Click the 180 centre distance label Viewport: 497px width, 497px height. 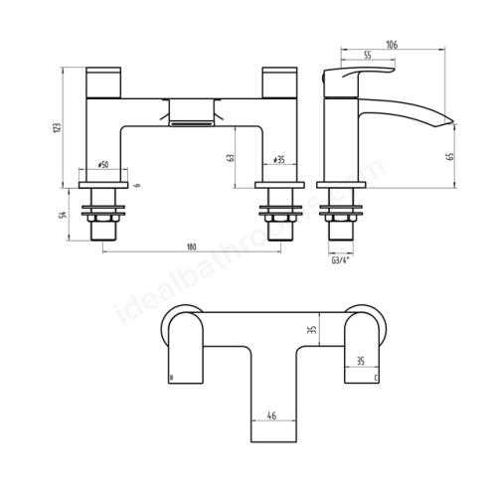188,247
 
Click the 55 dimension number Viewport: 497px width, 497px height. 369,58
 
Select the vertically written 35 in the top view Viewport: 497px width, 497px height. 310,331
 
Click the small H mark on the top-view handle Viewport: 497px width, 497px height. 171,377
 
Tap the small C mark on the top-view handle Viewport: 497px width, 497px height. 376,378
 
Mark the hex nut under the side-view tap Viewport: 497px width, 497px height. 345,211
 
